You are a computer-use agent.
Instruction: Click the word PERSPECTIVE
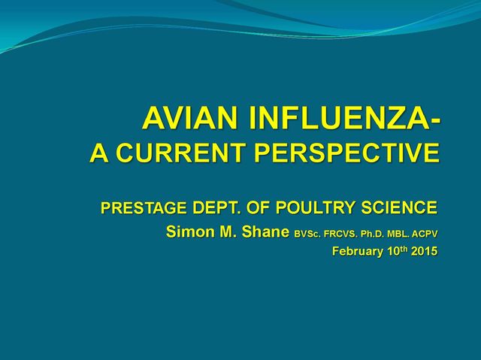tap(346, 153)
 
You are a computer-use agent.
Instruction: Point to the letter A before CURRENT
tap(99, 153)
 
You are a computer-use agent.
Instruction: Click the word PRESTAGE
tap(144, 207)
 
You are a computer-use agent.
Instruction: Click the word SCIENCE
tap(399, 207)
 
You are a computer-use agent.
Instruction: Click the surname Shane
tap(265, 231)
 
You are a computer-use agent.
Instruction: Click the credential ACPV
tap(425, 234)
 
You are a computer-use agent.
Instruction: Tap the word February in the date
tap(358, 252)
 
